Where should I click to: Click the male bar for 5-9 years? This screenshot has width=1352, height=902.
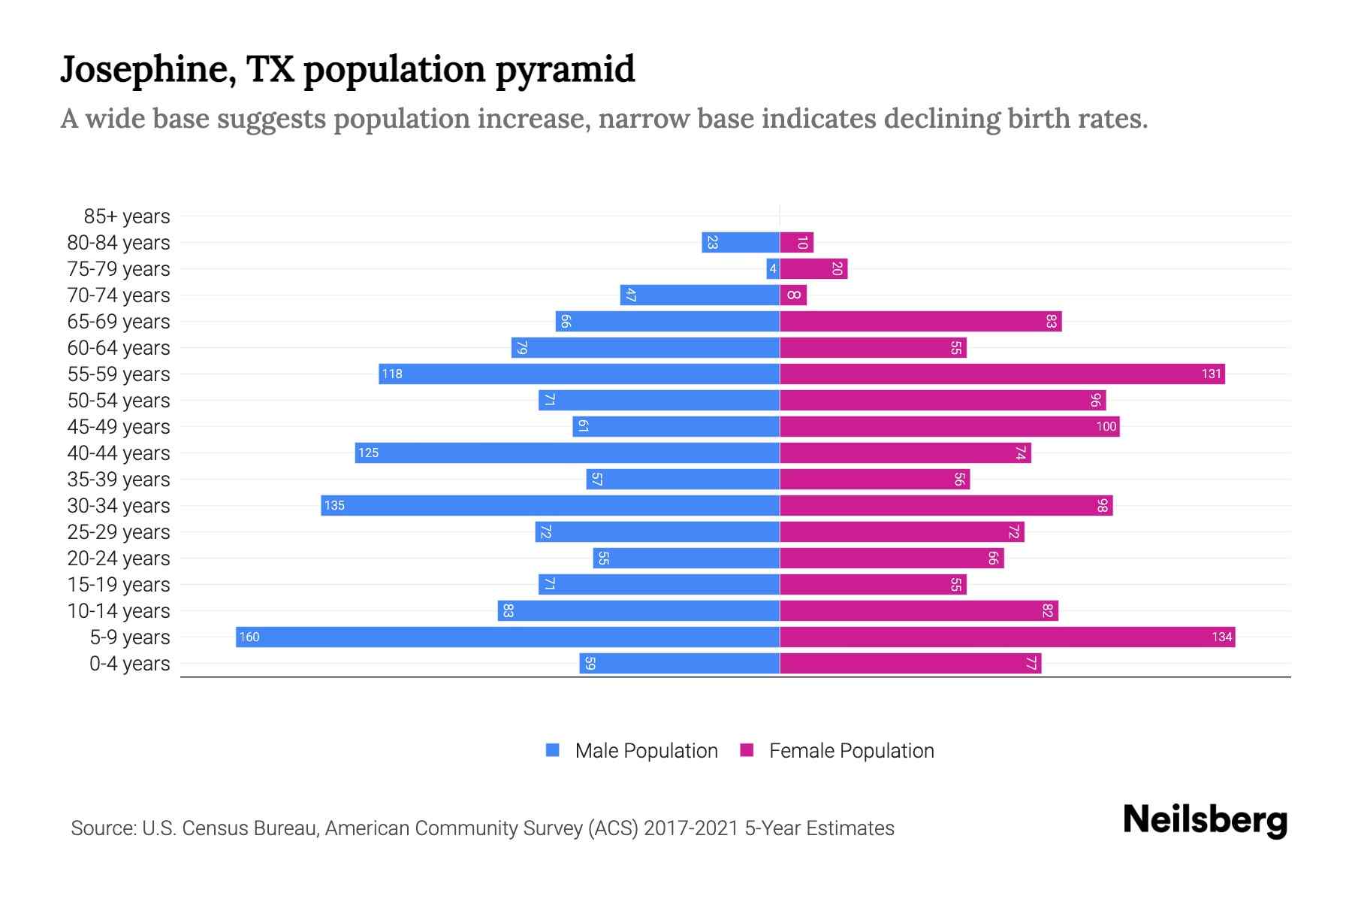pos(508,637)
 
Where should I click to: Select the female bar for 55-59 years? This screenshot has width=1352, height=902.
pos(1002,374)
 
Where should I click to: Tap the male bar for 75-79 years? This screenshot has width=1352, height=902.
pos(773,268)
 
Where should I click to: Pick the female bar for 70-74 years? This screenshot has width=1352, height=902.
pos(793,295)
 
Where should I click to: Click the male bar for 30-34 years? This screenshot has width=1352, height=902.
pos(550,505)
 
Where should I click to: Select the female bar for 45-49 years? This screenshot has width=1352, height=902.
pos(949,426)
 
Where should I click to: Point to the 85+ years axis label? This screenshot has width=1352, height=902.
pos(126,216)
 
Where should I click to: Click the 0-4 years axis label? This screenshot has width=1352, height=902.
pos(129,664)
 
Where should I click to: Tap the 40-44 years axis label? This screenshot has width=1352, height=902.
pos(119,453)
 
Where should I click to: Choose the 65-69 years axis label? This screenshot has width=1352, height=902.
pos(119,322)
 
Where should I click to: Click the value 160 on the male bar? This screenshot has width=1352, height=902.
pos(249,637)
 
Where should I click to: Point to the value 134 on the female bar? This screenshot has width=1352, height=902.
pos(1221,637)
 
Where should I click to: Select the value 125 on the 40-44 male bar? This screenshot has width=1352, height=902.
pos(368,453)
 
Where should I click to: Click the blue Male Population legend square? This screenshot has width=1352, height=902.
pos(553,750)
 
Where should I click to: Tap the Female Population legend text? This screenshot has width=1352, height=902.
pos(851,751)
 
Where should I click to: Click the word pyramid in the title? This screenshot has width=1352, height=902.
pos(565,69)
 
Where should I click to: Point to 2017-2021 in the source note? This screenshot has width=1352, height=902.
pos(691,828)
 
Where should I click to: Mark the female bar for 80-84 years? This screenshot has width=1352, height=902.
pos(796,242)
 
